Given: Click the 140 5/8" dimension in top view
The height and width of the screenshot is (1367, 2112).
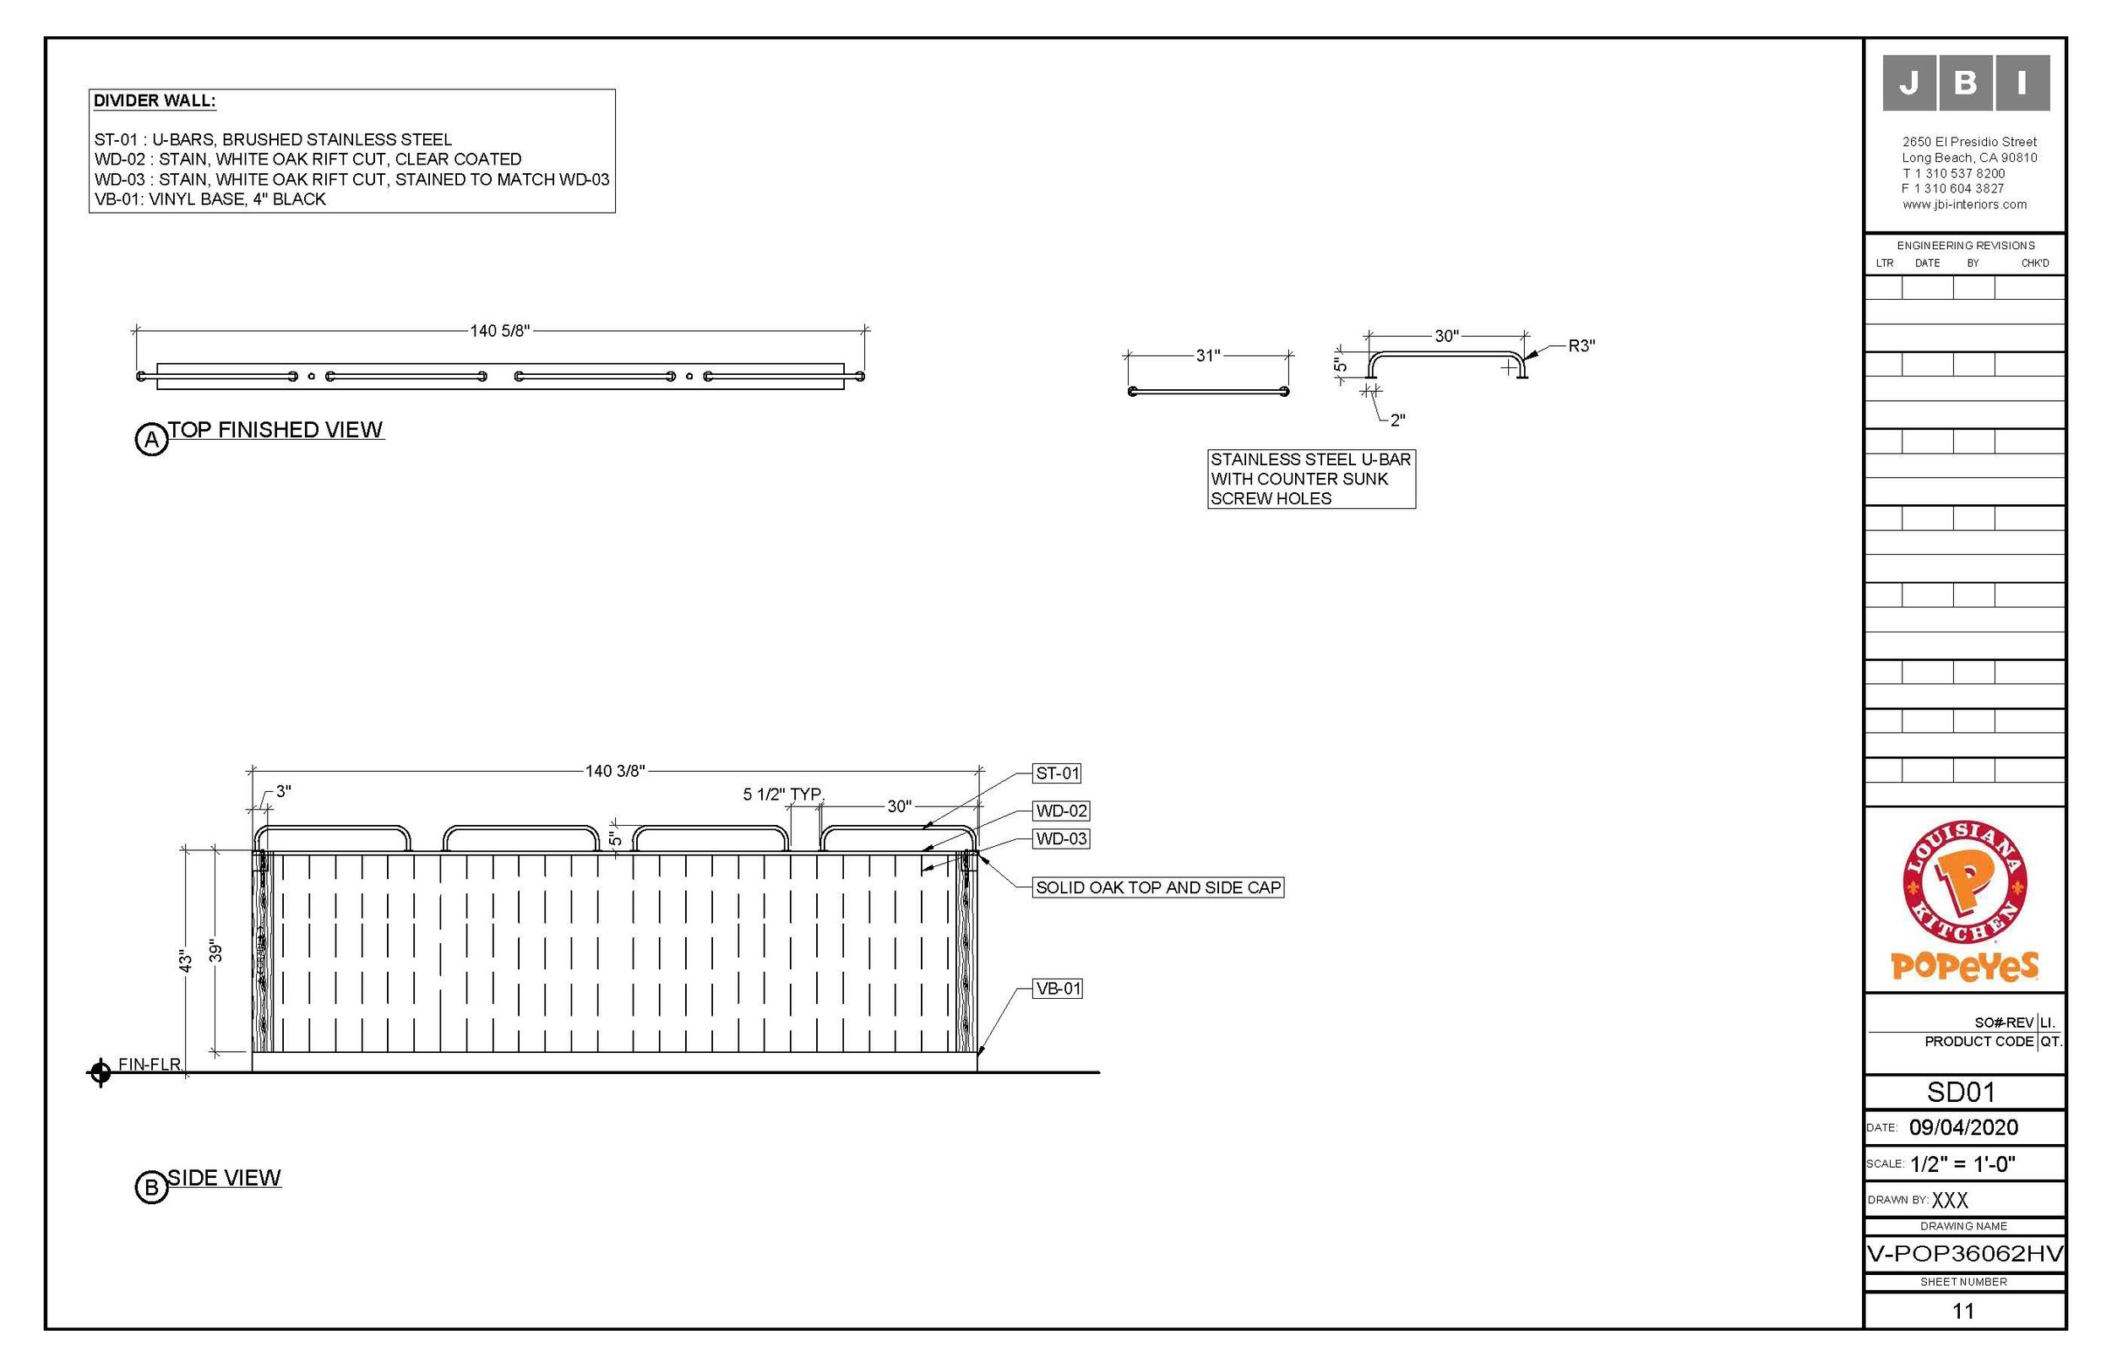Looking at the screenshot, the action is pos(499,331).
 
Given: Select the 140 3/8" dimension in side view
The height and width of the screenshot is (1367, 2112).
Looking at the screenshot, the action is pos(614,771).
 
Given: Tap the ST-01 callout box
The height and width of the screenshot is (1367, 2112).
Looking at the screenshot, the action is pos(1057,773).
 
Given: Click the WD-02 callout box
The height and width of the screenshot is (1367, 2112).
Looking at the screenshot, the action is pos(1060,811).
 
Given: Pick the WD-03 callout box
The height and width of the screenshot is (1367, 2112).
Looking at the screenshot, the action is pos(1060,838).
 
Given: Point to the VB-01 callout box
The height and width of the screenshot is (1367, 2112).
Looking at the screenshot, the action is pos(1058,988).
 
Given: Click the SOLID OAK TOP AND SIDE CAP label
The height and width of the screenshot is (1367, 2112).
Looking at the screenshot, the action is pos(1158,887).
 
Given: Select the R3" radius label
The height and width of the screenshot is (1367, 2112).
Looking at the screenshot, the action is pos(1581,346).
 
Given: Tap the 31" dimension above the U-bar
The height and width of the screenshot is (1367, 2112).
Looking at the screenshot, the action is pos(1208,355).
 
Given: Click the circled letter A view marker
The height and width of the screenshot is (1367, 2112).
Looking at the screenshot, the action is pos(152,439).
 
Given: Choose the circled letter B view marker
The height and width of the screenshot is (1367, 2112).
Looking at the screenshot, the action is pos(151,1187).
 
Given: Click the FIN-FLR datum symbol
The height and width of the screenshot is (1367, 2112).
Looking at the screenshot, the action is pos(101,1072).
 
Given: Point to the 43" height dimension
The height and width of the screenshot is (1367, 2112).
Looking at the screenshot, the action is pos(186,961).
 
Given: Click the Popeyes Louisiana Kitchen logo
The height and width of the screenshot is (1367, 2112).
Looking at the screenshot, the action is pos(1964,900).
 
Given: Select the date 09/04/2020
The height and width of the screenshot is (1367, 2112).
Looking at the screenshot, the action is pos(1963,1127).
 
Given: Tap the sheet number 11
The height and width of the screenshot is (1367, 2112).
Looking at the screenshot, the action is pos(1963,1310).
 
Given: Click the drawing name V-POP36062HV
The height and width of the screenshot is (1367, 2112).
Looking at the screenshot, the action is pos(1965,1254).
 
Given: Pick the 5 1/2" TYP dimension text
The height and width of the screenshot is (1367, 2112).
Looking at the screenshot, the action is pos(781,794).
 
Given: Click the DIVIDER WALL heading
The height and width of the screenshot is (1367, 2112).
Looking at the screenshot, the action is pos(155,101).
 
